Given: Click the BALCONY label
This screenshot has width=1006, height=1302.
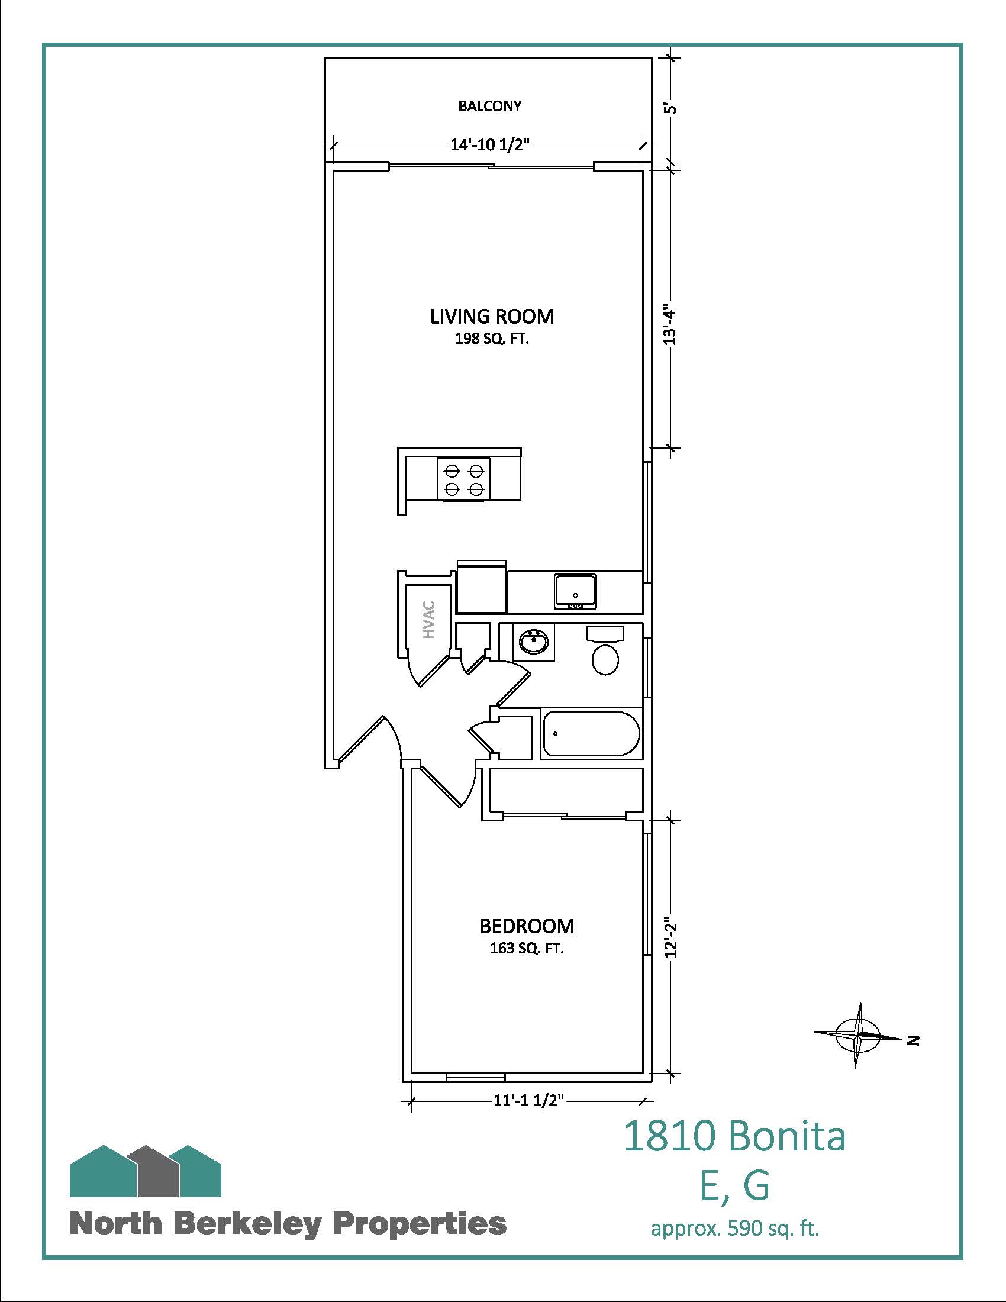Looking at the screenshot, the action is pos(489,106).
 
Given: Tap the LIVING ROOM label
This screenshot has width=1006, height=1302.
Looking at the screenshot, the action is pos(492,316).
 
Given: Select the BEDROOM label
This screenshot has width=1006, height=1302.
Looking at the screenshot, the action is pos(527,926).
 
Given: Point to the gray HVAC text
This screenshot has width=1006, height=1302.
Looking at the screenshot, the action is pos(429,620).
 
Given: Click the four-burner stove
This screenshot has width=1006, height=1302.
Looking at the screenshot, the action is pos(464,479).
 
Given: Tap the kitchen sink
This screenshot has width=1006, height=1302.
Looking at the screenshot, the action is pos(575,591).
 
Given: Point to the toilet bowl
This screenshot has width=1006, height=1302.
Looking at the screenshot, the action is pos(605,659).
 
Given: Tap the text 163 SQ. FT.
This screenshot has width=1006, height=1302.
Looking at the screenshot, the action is pos(527,949).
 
